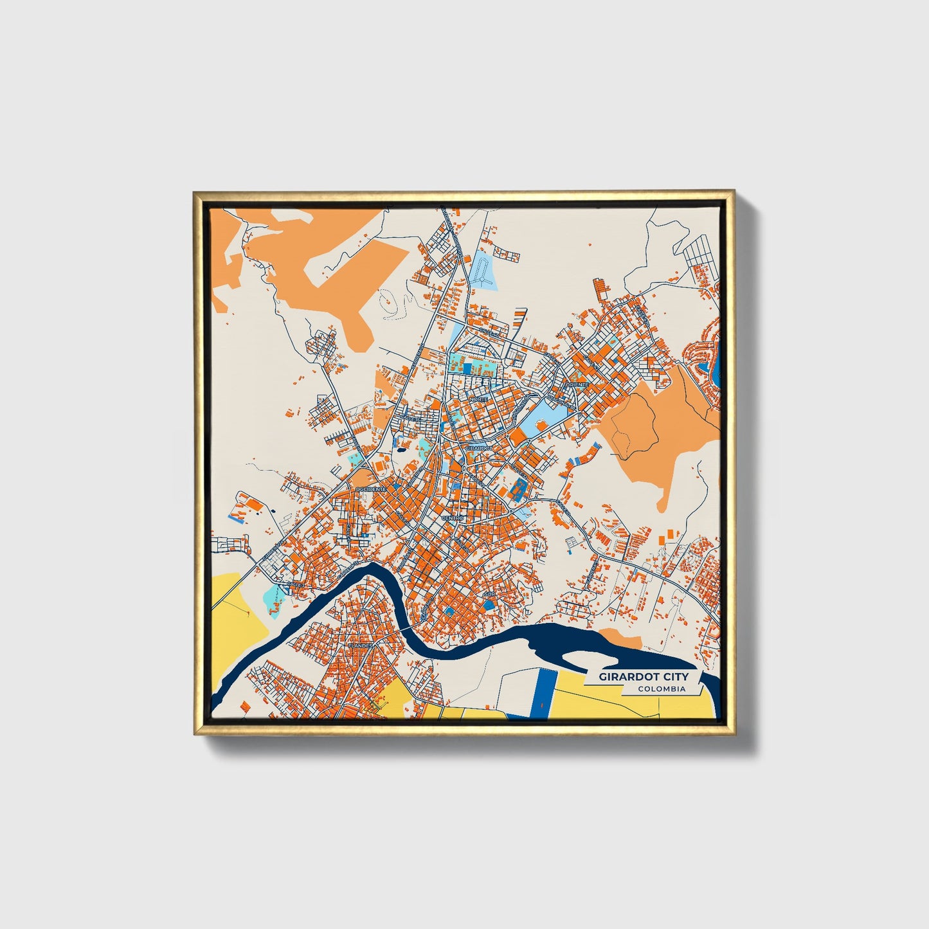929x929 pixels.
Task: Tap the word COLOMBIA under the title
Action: [661, 689]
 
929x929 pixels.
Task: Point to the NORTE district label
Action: [479, 399]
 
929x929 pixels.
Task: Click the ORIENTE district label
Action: [576, 384]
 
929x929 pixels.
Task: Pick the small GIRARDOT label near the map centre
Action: [479, 447]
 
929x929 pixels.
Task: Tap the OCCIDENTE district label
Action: [371, 490]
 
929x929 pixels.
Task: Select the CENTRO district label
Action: [453, 518]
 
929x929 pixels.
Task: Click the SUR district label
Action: [490, 594]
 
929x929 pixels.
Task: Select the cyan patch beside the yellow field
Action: [275, 599]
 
